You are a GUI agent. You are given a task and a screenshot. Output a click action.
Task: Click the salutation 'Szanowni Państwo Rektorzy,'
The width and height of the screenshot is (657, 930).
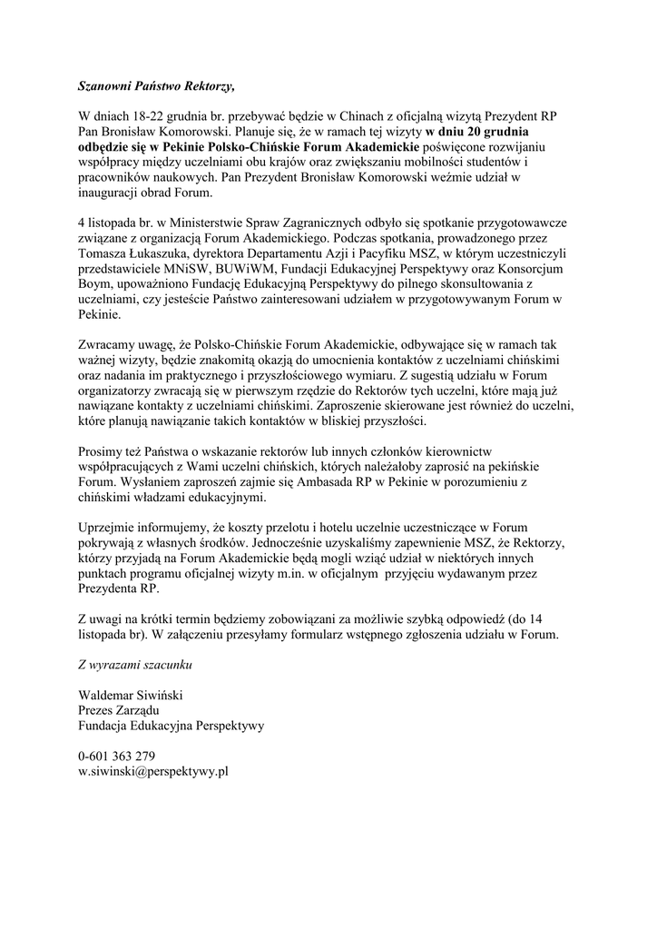155,87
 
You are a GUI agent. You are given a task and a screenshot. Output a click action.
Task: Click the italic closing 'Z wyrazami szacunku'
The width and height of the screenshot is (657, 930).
135,664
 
